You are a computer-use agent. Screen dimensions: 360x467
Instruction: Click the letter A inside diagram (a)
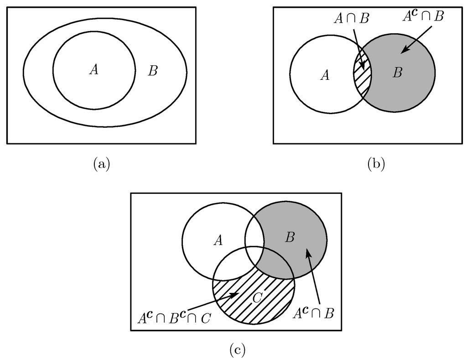pos(94,69)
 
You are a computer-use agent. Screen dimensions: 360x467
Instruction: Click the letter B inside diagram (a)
pos(153,71)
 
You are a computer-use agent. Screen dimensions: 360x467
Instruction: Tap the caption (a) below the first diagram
pos(101,164)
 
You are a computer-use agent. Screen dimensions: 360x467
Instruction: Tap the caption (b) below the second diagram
pos(376,164)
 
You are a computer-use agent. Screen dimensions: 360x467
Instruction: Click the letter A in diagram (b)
pos(325,75)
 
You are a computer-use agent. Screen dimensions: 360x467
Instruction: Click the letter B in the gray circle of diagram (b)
pos(397,73)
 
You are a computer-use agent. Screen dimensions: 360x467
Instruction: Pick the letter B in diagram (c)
pos(290,237)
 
